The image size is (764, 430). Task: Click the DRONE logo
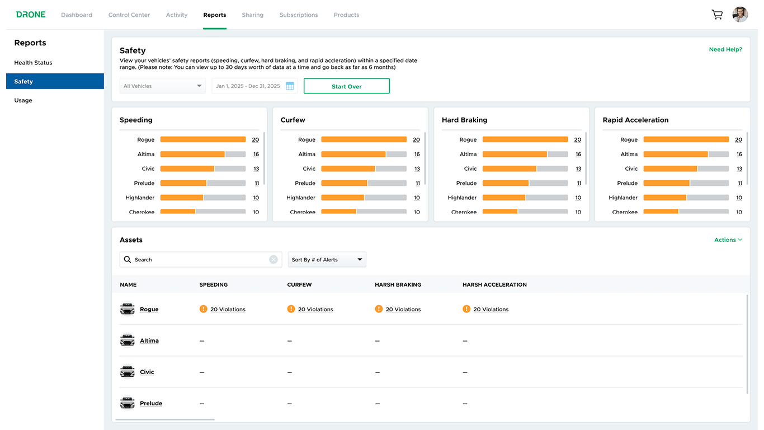[x=31, y=15]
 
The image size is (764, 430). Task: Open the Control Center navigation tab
[x=129, y=15]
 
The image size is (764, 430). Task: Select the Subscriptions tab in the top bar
[x=299, y=15]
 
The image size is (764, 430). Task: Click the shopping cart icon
[x=717, y=15]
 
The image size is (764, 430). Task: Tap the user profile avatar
[x=740, y=15]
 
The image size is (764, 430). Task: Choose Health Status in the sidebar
[x=33, y=63]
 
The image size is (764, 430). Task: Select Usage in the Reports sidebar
[x=23, y=100]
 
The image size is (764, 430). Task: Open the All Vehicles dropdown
[x=163, y=86]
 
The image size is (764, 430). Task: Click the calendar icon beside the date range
[x=290, y=86]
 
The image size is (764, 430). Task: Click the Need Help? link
[x=725, y=49]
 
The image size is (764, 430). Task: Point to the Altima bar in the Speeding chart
[x=202, y=154]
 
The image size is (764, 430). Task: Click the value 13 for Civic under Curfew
[x=417, y=169]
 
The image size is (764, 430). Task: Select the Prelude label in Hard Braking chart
[x=466, y=183]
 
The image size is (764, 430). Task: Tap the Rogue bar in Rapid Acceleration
[x=686, y=139]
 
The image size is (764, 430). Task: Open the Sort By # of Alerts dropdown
[x=327, y=260]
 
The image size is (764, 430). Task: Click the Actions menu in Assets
[x=728, y=240]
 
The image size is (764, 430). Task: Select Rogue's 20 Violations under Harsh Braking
[x=403, y=309]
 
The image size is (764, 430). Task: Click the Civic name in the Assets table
[x=147, y=372]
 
